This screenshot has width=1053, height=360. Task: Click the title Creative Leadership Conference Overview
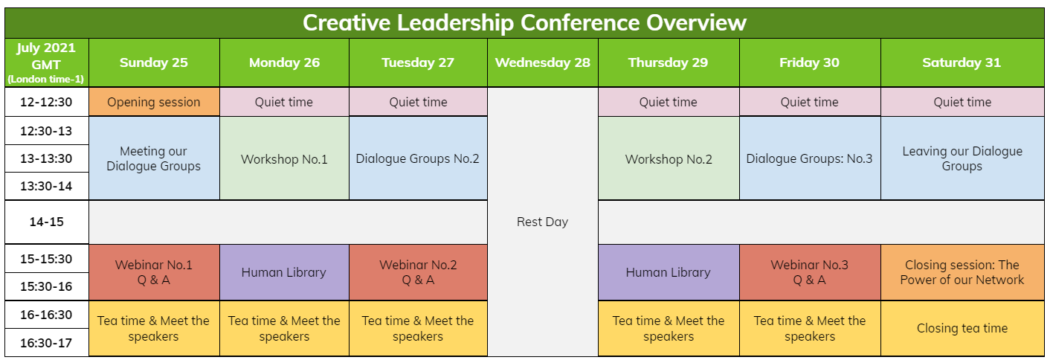(x=524, y=23)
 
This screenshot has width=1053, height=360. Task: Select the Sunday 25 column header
(x=154, y=62)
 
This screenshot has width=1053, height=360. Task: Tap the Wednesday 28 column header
(x=542, y=62)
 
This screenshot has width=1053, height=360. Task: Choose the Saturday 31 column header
(x=962, y=62)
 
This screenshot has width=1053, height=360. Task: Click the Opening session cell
(x=154, y=102)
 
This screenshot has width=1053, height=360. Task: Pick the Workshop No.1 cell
(x=284, y=158)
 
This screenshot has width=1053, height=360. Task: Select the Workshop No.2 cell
(x=669, y=158)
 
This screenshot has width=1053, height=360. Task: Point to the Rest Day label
(x=542, y=222)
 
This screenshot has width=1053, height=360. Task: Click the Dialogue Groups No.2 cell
(x=418, y=158)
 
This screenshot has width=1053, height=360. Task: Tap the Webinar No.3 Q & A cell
(x=810, y=272)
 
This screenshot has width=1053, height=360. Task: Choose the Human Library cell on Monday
(x=284, y=272)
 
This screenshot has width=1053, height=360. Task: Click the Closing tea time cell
(x=962, y=328)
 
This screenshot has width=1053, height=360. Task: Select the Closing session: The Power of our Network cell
(x=962, y=272)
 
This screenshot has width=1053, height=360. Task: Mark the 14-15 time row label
(x=47, y=222)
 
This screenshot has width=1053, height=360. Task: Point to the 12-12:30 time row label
(x=47, y=102)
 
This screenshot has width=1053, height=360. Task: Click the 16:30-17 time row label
(x=47, y=342)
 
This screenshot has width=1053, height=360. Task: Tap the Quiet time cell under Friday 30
(x=810, y=102)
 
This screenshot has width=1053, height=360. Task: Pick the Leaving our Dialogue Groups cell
(x=962, y=158)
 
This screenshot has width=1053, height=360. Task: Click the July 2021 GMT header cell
(x=47, y=62)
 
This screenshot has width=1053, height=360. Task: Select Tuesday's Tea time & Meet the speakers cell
(x=418, y=328)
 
